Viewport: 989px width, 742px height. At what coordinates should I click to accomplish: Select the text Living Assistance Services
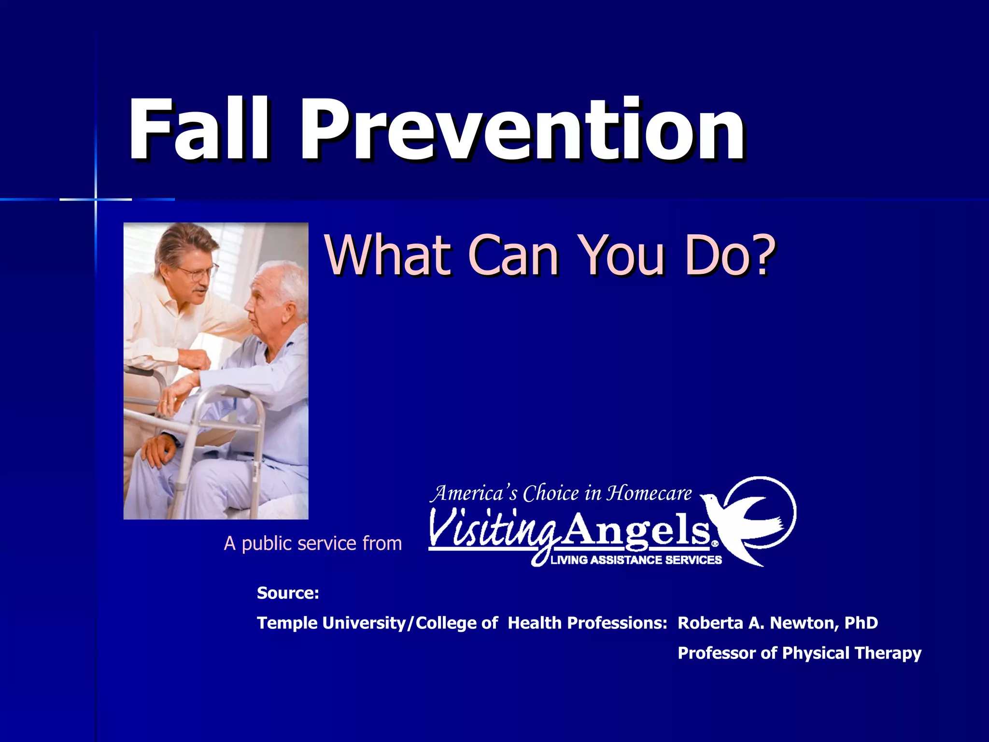tap(636, 560)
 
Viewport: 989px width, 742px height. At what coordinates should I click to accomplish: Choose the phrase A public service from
tap(313, 543)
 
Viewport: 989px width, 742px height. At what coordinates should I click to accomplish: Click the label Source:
tap(288, 593)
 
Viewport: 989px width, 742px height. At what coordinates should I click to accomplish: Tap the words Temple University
tap(331, 623)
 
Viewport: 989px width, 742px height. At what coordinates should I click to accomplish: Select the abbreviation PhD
tap(861, 623)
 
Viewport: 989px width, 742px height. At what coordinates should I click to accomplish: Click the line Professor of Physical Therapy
tap(799, 653)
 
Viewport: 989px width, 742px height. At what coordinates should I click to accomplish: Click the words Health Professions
tap(587, 623)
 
